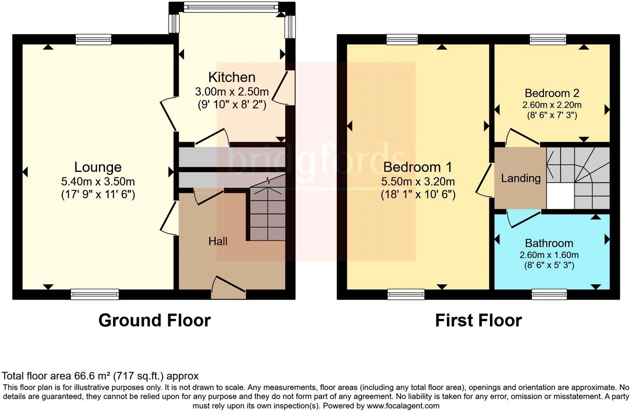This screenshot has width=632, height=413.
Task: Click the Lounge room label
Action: [x=98, y=167]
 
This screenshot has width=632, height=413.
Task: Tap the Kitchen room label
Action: [x=232, y=77]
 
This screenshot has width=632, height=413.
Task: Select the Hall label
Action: [x=218, y=241]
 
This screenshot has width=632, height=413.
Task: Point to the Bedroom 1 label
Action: [x=417, y=167]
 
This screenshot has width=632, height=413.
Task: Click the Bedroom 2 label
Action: [x=552, y=93]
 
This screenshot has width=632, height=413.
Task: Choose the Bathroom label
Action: [x=549, y=243]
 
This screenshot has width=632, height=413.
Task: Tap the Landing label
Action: [x=521, y=178]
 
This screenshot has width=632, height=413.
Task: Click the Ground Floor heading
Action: [x=154, y=321]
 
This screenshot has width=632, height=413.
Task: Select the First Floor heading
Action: [x=478, y=321]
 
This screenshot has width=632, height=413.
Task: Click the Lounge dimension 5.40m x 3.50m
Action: [x=98, y=182]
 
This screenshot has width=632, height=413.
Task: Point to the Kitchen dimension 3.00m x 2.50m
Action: [x=232, y=92]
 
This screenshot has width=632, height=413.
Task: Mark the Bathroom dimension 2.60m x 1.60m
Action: [x=549, y=255]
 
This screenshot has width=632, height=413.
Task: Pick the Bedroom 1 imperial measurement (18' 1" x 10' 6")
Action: [x=417, y=194]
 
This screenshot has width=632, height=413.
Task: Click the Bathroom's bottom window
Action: [x=549, y=294]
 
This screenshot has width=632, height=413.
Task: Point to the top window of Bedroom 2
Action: [x=548, y=40]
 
